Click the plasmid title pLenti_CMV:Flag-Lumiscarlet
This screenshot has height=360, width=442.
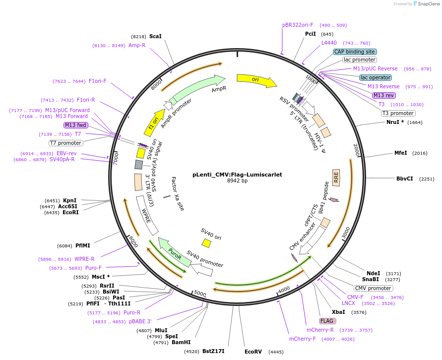(237, 175)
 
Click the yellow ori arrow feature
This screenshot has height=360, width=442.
(256, 80)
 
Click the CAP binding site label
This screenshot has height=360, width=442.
(355, 52)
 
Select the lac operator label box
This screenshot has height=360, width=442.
(376, 77)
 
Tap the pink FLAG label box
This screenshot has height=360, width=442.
(328, 321)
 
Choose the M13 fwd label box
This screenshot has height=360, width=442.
(76, 125)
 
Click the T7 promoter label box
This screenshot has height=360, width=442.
(66, 143)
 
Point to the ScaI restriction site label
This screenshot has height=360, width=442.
(155, 37)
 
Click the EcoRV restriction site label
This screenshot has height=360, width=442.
(253, 352)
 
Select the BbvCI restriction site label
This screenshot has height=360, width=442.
(404, 179)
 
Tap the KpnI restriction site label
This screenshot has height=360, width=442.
(69, 200)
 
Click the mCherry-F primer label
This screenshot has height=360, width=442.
(303, 339)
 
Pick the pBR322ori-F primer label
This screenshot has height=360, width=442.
(298, 25)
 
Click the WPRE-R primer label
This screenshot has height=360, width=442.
(84, 259)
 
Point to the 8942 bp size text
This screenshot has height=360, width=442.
(237, 181)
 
